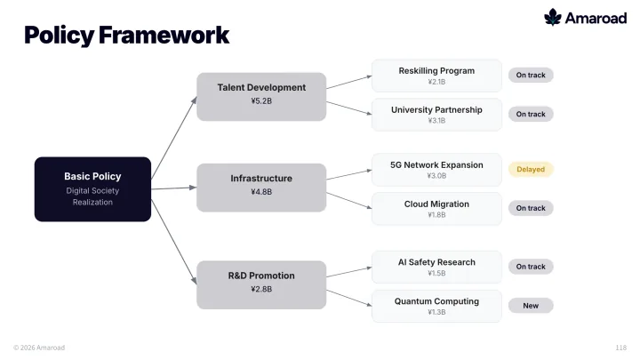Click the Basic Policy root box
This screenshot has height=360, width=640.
click(92, 189)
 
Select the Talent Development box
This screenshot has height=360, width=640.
click(261, 97)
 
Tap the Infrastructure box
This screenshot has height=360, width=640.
click(261, 188)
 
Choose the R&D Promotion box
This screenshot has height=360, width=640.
click(261, 285)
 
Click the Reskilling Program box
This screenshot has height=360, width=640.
click(436, 76)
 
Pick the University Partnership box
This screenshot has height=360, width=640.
click(436, 115)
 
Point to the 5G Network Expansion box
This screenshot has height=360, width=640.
click(436, 170)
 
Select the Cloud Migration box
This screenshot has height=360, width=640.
click(436, 209)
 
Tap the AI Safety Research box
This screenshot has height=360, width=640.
click(436, 267)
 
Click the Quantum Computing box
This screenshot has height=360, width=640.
click(436, 306)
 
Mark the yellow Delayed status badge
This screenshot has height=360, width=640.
click(531, 170)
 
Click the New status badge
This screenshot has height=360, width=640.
click(531, 306)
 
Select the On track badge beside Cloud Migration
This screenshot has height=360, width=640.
click(531, 208)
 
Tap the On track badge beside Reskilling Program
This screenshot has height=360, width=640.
click(531, 75)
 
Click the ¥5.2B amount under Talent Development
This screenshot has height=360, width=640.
click(261, 100)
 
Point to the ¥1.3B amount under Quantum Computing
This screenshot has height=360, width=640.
click(436, 312)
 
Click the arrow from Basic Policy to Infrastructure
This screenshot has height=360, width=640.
click(174, 188)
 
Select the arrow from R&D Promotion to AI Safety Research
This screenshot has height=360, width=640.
click(349, 272)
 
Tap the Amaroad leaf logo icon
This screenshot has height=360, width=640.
click(553, 17)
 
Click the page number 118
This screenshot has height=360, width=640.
click(620, 348)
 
